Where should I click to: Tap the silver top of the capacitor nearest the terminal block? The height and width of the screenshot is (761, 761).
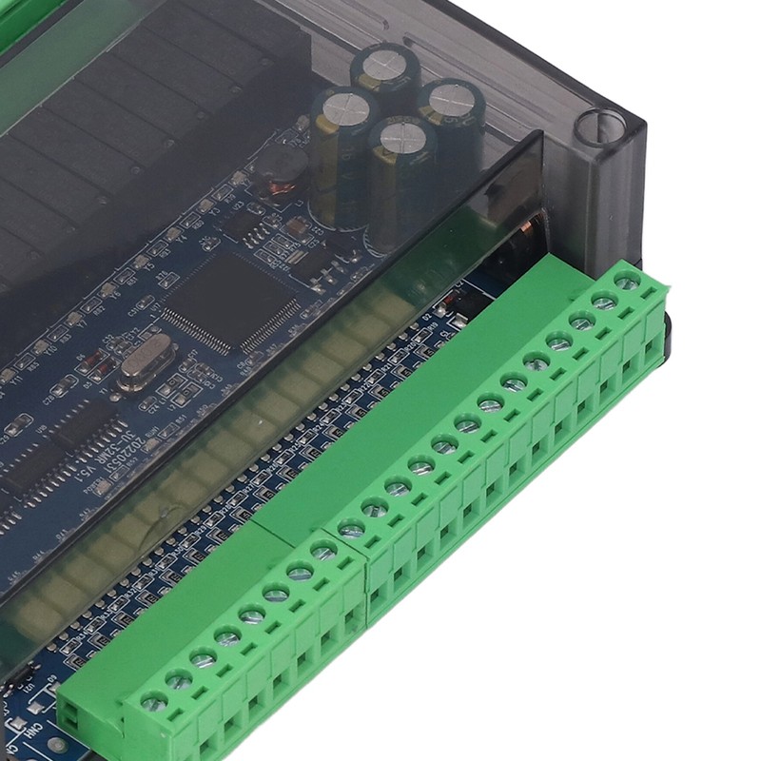(401, 138)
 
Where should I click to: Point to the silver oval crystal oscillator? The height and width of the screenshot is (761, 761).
(146, 366)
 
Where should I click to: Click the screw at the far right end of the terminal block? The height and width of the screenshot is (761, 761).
(626, 281)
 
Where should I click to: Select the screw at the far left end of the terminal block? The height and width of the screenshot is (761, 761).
(153, 702)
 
